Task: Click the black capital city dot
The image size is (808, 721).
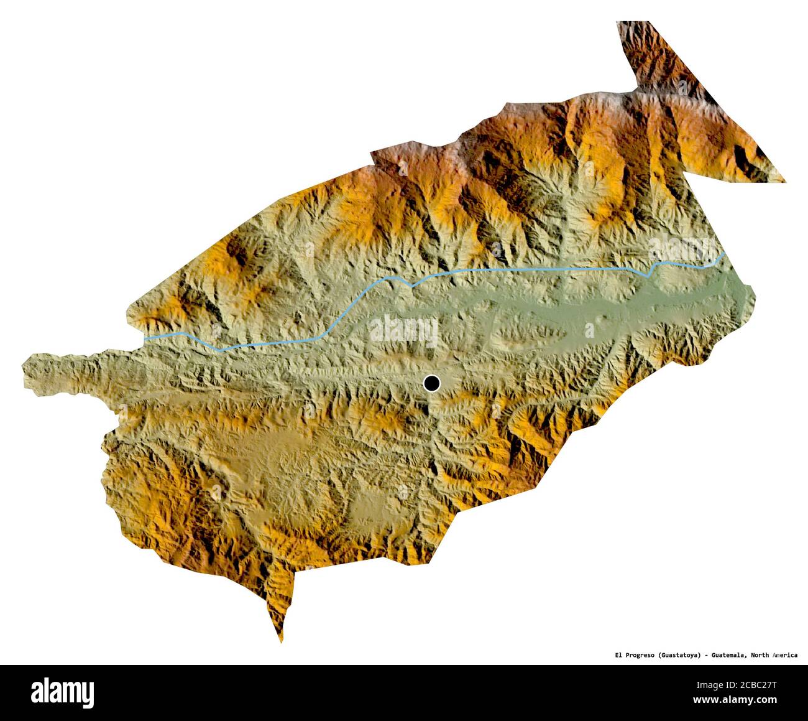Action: [431, 383]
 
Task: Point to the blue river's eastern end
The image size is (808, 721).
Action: [725, 254]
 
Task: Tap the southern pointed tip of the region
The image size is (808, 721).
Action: [281, 641]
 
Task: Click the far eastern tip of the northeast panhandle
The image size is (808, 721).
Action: [784, 181]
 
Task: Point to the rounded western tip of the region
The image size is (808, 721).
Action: [25, 373]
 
